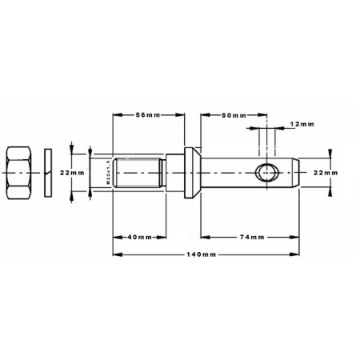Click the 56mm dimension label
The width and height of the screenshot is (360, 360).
click(x=148, y=115)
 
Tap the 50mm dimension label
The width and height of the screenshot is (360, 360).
click(x=234, y=115)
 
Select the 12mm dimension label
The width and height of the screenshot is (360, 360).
click(x=302, y=124)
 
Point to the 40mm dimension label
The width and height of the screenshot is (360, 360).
click(x=139, y=237)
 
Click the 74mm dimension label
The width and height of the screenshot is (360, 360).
click(x=252, y=237)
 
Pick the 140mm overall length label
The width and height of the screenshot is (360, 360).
click(x=201, y=254)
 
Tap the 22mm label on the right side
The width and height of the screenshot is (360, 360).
click(x=326, y=173)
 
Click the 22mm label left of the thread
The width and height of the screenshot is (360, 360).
click(x=72, y=173)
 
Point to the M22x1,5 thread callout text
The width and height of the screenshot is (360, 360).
click(x=108, y=173)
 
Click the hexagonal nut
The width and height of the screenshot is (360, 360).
click(x=19, y=173)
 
